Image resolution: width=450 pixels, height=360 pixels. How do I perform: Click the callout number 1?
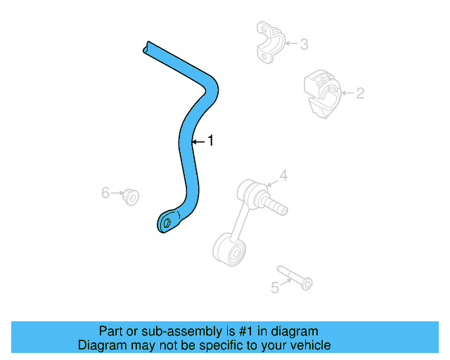tap(210, 141)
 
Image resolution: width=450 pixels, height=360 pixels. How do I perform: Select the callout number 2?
tap(359, 94)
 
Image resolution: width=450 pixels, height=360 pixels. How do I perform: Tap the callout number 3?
tap(304, 45)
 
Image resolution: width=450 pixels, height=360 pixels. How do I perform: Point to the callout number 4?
tap(283, 175)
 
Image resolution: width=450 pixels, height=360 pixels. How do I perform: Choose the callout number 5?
tap(275, 287)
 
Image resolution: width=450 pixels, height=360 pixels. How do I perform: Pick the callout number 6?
tap(105, 192)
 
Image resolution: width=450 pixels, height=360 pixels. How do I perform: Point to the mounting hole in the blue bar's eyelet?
tap(167, 223)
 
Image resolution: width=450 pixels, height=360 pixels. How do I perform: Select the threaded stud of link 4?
tap(276, 205)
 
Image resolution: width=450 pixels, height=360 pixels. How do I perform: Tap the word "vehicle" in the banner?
tap(310, 345)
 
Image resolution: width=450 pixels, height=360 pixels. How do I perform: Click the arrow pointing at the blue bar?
tap(196, 141)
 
